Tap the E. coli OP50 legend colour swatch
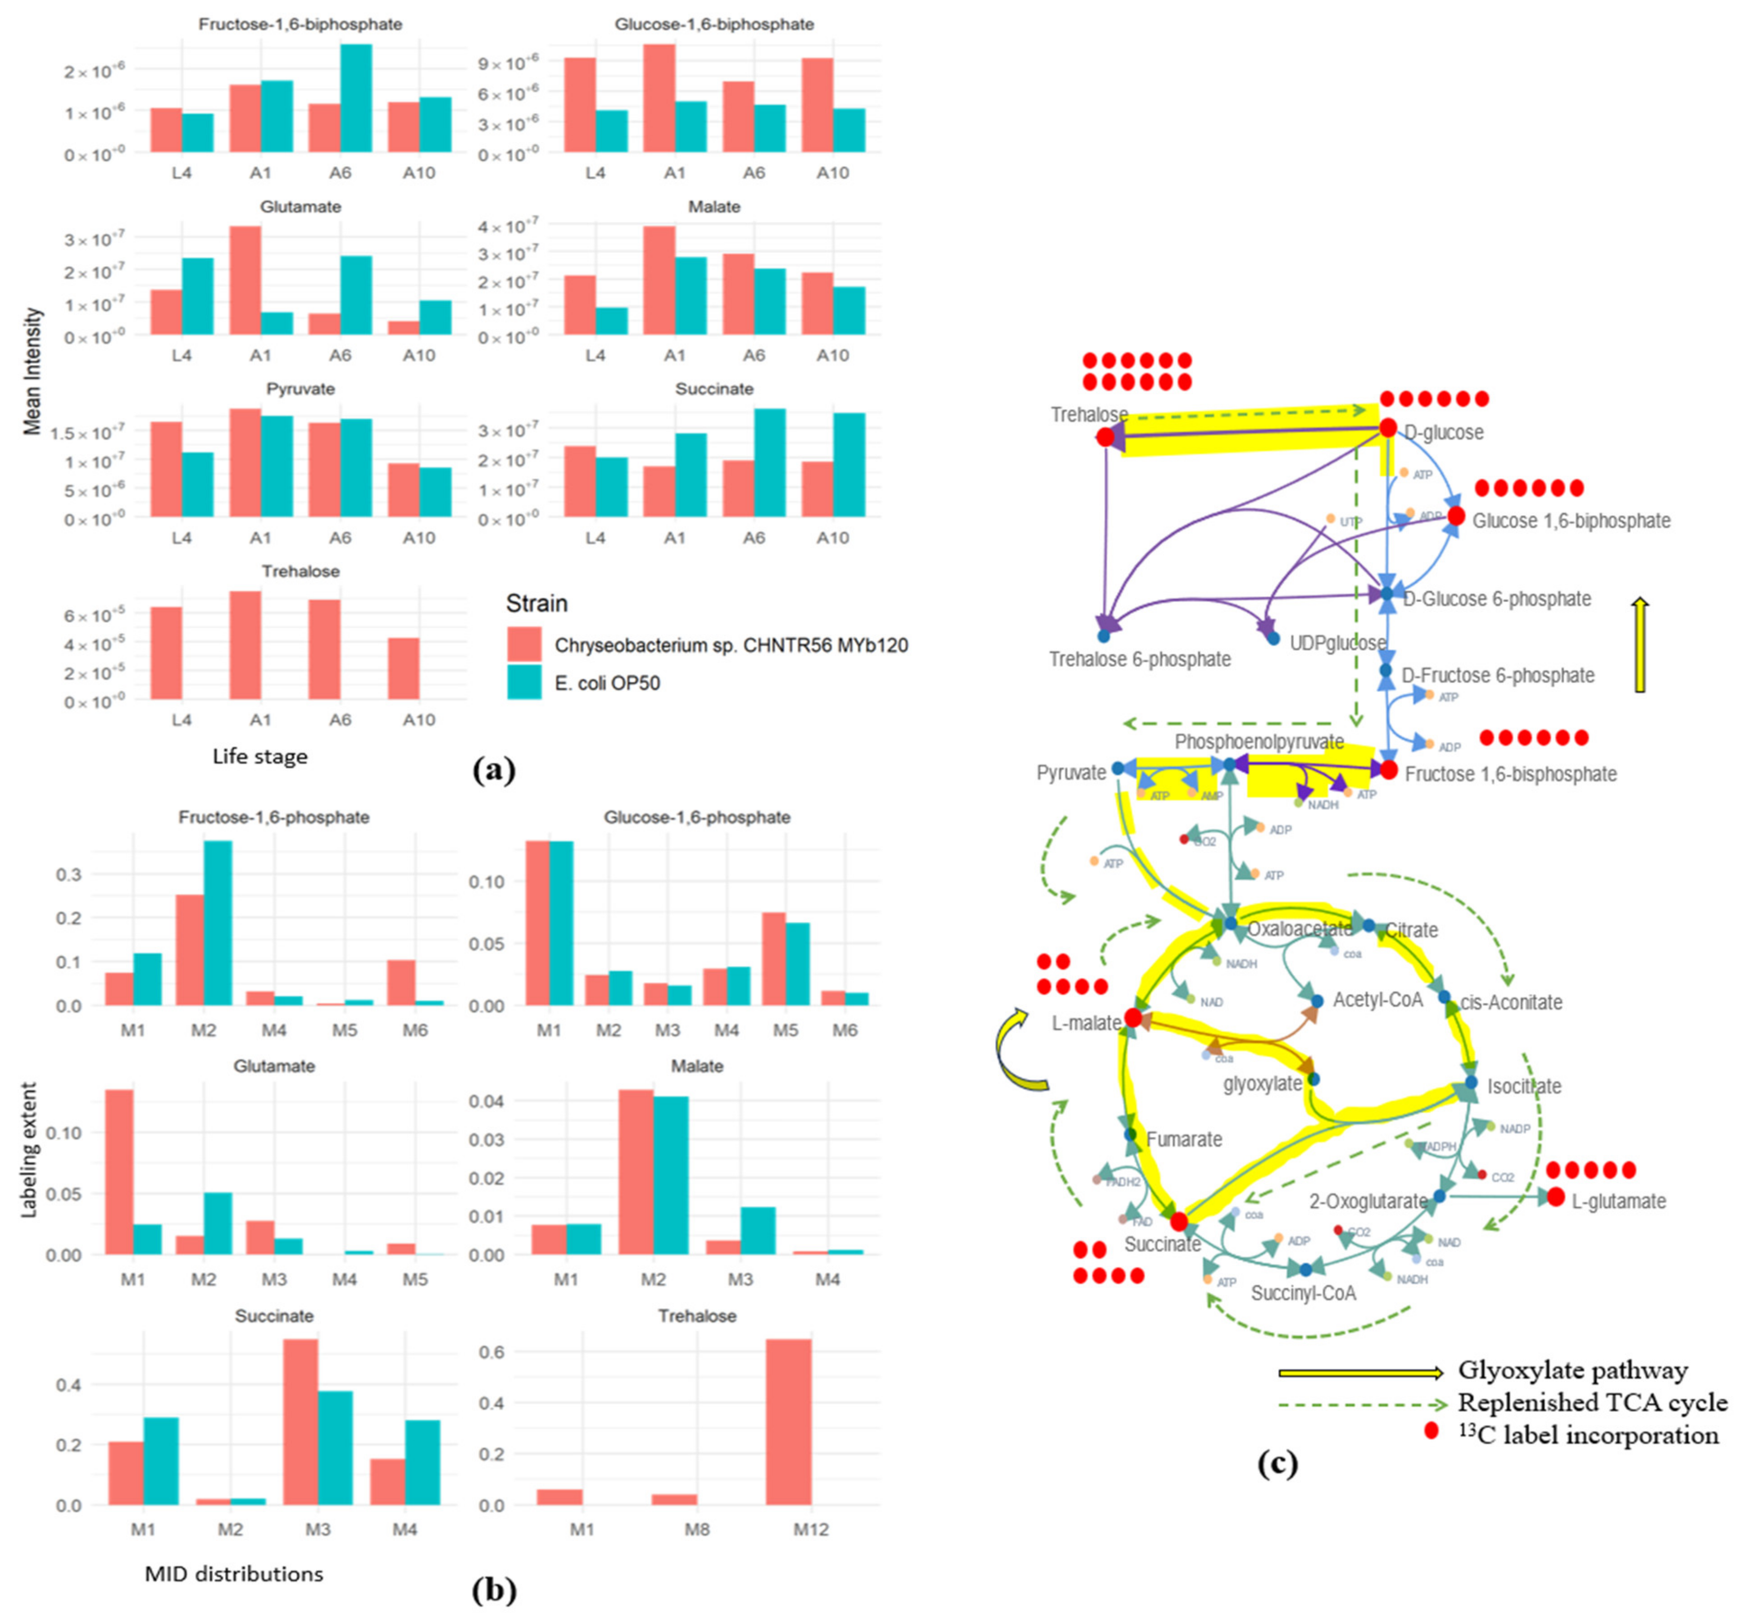coord(524,682)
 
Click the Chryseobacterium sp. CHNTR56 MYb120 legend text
coord(730,645)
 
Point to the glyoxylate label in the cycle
coord(1262,1083)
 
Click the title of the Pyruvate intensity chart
coord(300,389)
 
